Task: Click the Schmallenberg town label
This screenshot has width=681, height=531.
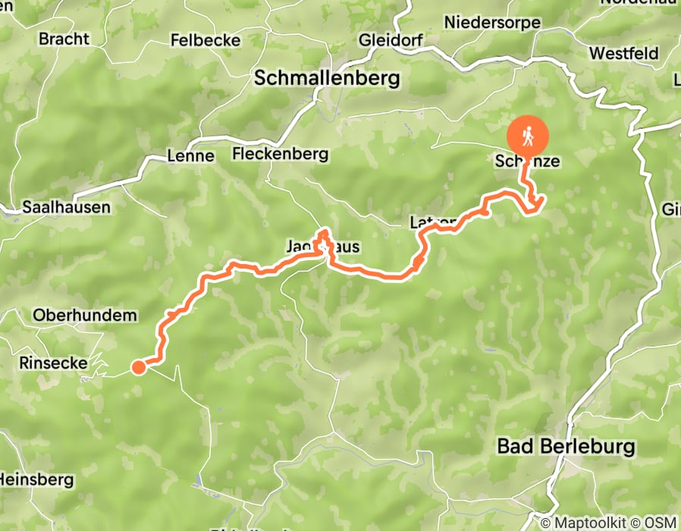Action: coord(327,77)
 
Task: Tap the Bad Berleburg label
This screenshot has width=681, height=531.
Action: coord(566,446)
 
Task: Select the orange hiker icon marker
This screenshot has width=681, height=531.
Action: coord(528,136)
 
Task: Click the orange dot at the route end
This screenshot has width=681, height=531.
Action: coord(139,368)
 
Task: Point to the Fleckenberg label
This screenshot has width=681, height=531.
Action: coord(281,154)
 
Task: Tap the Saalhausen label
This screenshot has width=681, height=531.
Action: coord(66,206)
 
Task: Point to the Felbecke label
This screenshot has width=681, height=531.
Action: coord(206,39)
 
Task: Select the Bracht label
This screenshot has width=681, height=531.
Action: coord(64,38)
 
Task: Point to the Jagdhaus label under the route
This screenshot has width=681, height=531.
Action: coord(322,247)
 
